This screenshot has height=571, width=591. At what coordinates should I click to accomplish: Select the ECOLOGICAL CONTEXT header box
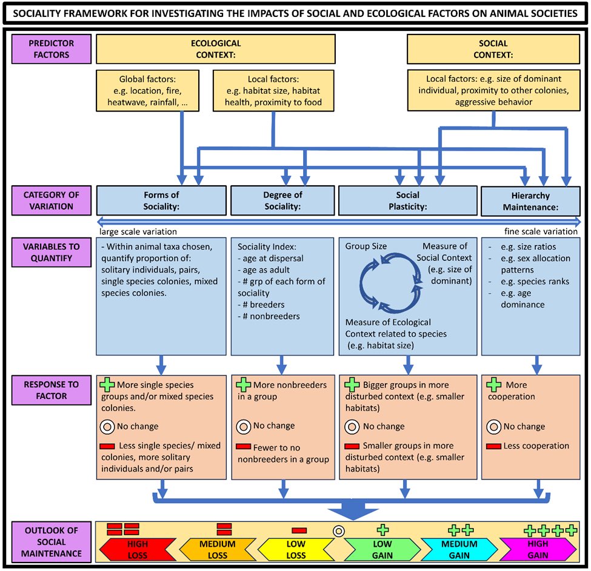[x=215, y=49]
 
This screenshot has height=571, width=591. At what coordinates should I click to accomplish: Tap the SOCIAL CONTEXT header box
[x=493, y=49]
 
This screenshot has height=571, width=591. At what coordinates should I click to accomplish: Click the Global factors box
[x=147, y=91]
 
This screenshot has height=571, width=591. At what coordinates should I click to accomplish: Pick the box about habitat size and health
[x=273, y=91]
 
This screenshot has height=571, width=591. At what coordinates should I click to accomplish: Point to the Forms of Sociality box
[x=161, y=200]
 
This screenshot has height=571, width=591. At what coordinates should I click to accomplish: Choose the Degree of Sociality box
[x=282, y=200]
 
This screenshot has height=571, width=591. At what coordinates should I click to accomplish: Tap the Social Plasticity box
[x=407, y=200]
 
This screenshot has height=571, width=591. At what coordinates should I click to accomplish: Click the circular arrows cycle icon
[x=388, y=282]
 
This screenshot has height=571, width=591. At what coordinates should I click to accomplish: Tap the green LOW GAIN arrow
[x=382, y=550]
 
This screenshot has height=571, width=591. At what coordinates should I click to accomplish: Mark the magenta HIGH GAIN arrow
[x=538, y=550]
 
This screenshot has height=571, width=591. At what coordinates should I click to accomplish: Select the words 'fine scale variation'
[x=541, y=231]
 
